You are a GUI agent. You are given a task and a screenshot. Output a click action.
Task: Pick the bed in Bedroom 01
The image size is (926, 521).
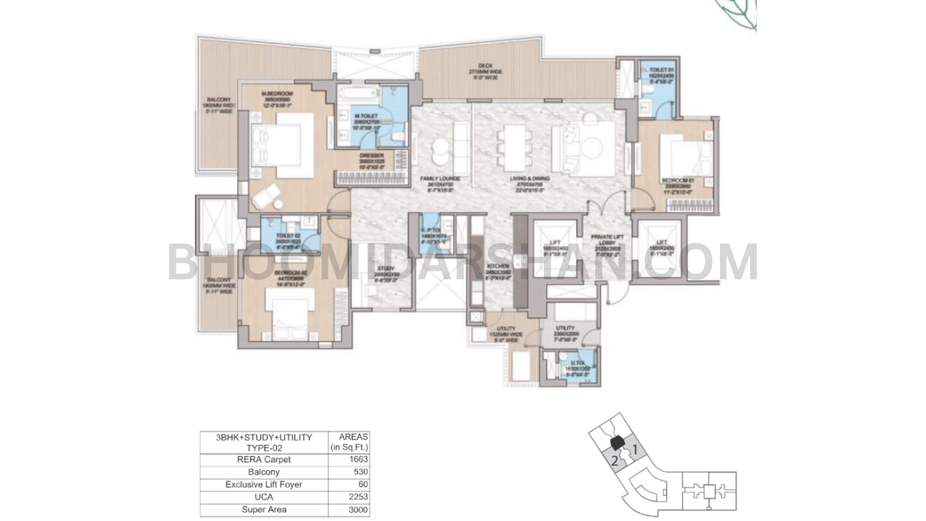click(684, 154)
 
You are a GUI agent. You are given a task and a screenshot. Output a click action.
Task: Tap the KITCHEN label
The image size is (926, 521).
click(498, 266)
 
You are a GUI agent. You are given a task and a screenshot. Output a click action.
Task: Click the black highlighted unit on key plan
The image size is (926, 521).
click(616, 442)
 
